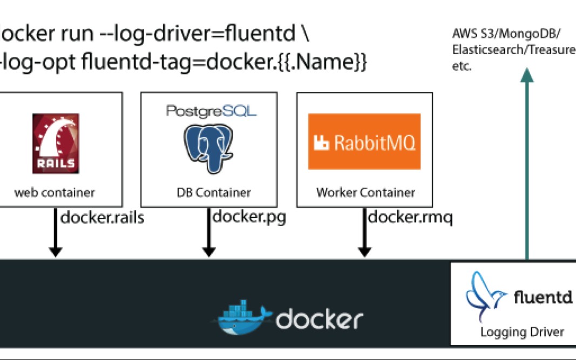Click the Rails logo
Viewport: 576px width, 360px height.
(56, 143)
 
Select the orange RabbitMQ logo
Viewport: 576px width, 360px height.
(364, 141)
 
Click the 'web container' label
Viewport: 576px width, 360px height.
(55, 192)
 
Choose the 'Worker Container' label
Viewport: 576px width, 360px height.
(365, 192)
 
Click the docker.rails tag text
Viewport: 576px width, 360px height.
(102, 218)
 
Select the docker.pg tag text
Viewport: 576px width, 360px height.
(249, 218)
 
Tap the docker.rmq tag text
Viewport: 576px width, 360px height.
(410, 218)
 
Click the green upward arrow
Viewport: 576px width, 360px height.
(527, 162)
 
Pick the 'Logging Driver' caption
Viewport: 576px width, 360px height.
(522, 332)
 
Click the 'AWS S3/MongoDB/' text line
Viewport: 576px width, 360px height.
(506, 35)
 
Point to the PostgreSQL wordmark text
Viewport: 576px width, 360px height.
(211, 111)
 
